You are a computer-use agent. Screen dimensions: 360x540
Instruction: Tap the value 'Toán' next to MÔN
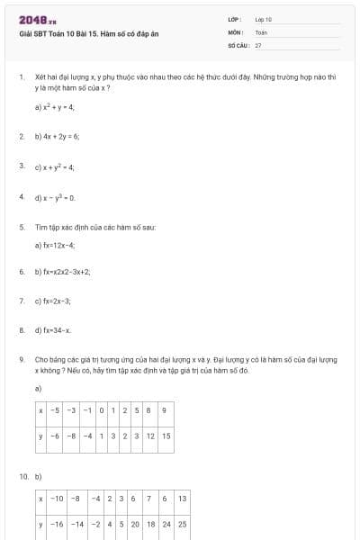(261, 31)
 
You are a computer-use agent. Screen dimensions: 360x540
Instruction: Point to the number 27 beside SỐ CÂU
(258, 44)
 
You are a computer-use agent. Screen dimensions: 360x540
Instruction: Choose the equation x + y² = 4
(57, 166)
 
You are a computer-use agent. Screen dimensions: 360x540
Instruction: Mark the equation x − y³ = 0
(57, 196)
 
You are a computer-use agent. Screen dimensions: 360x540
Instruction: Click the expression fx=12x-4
(57, 245)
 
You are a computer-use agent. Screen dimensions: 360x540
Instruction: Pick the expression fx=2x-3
(55, 301)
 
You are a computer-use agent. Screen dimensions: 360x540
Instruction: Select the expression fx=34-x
(55, 330)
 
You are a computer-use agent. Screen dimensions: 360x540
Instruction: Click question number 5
(22, 227)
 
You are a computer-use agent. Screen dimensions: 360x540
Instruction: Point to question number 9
(22, 359)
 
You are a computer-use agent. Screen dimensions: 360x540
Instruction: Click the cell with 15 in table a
(166, 436)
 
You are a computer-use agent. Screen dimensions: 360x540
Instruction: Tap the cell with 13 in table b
(182, 498)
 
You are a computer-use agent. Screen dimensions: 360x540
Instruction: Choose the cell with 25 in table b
(182, 523)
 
